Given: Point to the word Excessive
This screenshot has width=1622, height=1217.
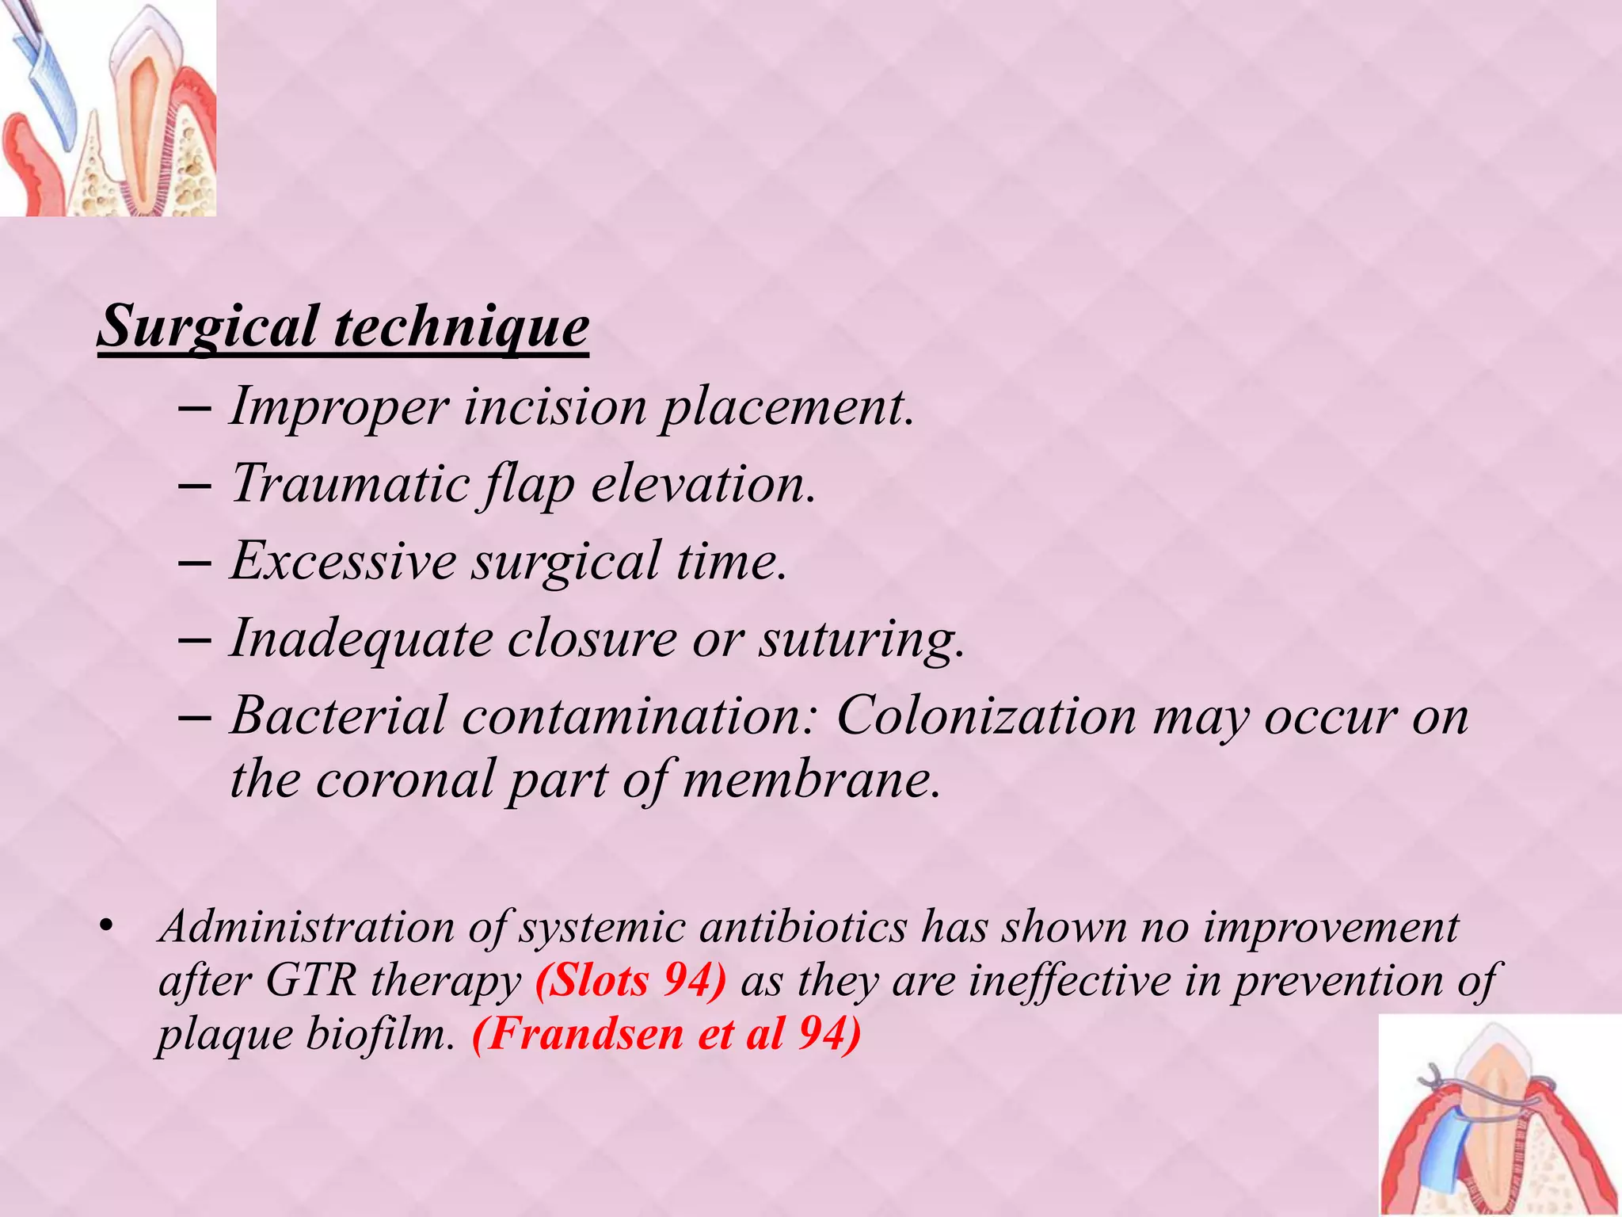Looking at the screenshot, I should point(343,561).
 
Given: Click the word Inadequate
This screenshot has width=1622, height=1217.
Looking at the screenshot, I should point(360,639).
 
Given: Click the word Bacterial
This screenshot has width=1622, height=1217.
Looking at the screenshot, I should point(338,715).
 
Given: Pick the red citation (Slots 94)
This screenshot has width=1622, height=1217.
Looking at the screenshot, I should point(630,981).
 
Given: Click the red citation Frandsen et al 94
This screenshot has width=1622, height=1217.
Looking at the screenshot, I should point(666,1034).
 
